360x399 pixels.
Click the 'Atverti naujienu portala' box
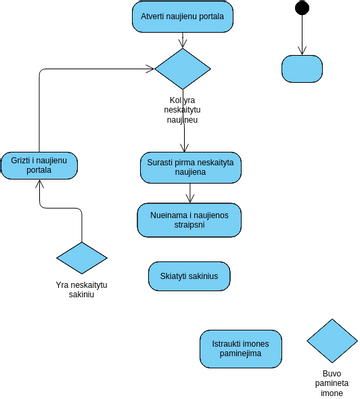(183, 17)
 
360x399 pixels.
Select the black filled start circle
(301, 9)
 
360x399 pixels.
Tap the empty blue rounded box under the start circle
(302, 69)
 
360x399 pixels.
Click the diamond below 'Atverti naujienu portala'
(183, 68)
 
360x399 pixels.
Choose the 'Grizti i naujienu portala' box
(39, 165)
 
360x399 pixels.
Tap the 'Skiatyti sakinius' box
(189, 274)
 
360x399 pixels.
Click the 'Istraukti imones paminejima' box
(240, 346)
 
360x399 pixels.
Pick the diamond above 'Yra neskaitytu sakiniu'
(81, 257)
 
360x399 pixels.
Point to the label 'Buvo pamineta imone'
(331, 383)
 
